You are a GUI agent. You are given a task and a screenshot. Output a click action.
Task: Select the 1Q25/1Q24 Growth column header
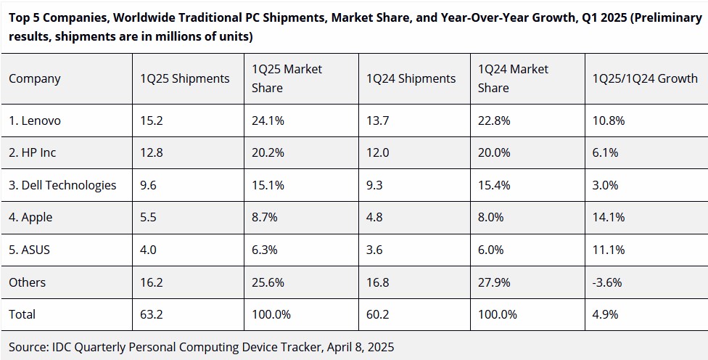645,78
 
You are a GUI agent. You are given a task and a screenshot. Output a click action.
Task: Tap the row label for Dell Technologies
62,185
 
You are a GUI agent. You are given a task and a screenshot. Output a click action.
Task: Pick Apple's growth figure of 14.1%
609,217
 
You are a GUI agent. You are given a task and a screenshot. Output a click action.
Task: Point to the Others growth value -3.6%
607,282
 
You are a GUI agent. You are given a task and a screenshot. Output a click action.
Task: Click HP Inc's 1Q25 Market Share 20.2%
268,153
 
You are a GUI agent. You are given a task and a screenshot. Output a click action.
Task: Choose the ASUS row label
29,250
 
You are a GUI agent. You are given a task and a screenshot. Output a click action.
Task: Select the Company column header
35,78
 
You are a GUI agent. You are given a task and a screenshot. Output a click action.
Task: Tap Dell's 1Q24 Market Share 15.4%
494,185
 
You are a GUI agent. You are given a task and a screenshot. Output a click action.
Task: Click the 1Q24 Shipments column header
411,78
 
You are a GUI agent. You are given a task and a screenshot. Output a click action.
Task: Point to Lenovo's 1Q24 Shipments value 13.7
377,121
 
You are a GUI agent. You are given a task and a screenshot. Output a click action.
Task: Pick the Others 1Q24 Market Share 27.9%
494,282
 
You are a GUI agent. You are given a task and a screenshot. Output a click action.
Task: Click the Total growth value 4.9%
605,314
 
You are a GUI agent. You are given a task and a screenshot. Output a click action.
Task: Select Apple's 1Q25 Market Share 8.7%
265,217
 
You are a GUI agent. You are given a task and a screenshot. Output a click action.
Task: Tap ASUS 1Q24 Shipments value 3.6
374,250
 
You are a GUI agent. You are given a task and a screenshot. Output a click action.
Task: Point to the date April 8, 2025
358,347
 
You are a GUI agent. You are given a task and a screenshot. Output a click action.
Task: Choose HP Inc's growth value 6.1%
605,153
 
